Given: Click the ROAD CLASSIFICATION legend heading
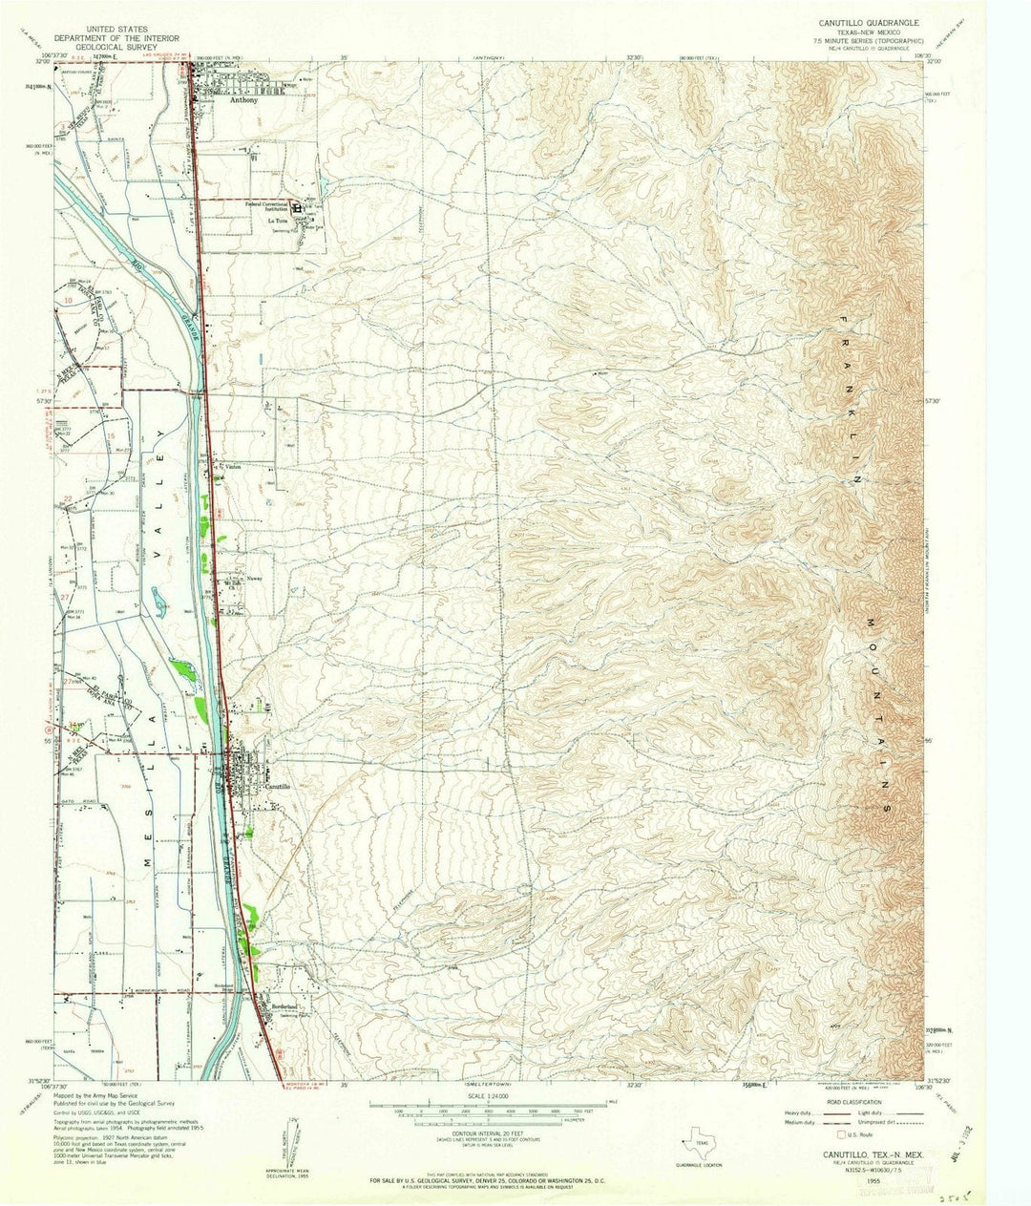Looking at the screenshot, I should click(x=868, y=1098).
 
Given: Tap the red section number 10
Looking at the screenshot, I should click(x=70, y=301).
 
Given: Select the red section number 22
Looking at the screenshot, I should click(x=68, y=497).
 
